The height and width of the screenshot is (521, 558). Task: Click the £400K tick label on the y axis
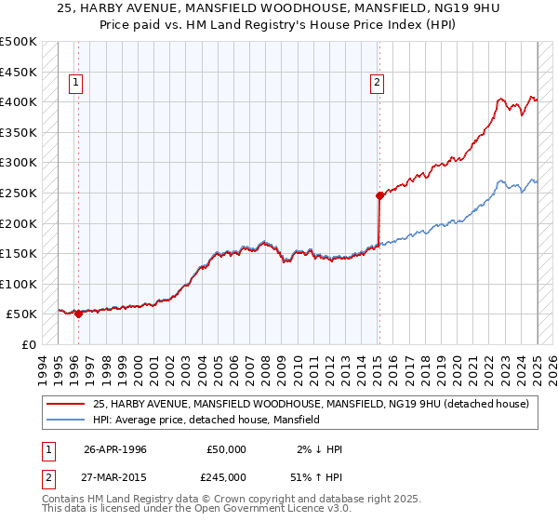point(20,101)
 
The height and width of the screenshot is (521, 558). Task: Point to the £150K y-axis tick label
point(20,253)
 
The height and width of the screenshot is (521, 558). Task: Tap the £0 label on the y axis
point(29,344)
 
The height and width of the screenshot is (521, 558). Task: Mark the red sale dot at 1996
point(79,314)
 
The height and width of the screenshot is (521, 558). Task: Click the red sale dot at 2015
point(379,195)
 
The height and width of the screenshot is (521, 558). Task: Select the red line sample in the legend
point(65,404)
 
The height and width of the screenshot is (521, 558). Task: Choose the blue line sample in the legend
point(65,420)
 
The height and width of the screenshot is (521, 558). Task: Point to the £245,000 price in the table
point(227,475)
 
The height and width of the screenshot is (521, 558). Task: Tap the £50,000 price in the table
point(227,448)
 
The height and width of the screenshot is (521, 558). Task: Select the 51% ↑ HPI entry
point(320,475)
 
